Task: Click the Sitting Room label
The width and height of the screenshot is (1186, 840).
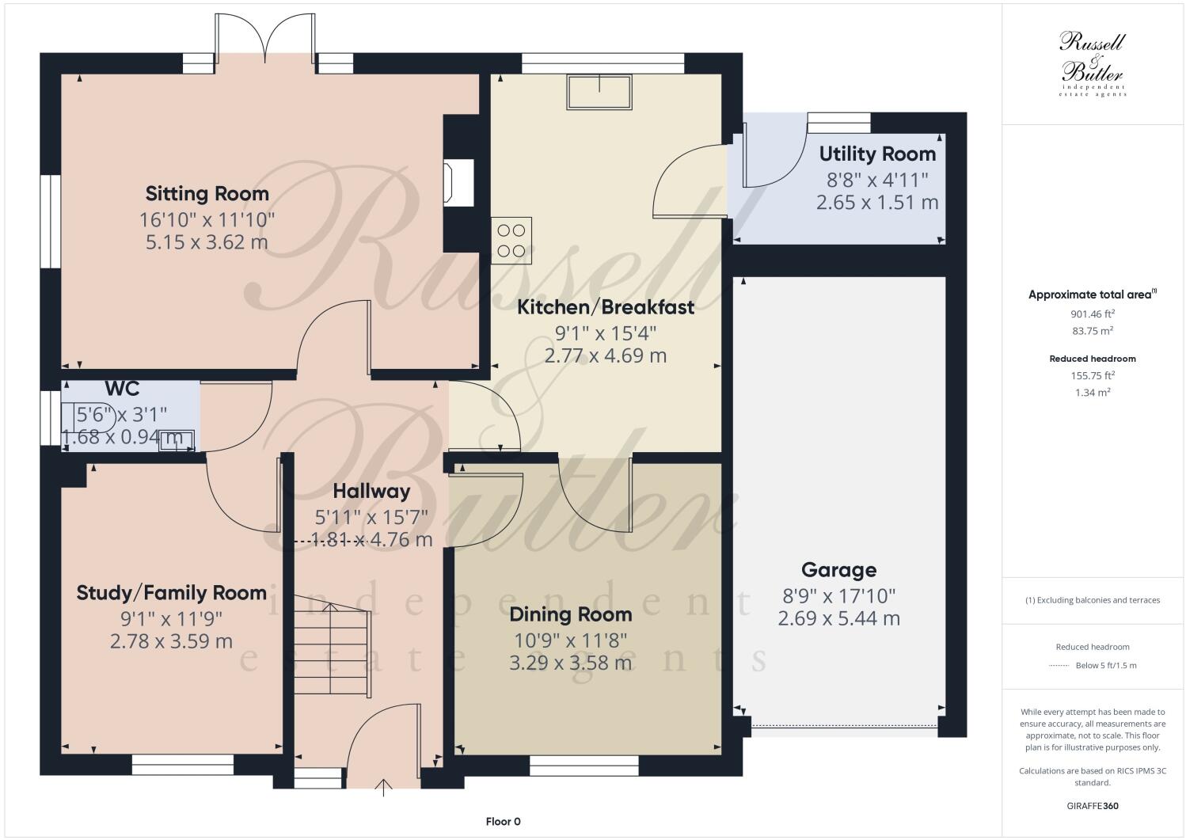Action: (207, 193)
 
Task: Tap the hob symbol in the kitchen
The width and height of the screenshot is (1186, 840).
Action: (511, 241)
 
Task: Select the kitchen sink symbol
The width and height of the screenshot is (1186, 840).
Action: (599, 92)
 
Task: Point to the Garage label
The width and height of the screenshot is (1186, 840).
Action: (838, 570)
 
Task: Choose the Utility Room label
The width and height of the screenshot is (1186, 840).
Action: (877, 154)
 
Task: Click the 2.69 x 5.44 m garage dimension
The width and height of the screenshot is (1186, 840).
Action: (838, 618)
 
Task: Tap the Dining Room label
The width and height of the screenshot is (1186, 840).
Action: (570, 614)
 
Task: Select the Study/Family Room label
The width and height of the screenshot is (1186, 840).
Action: (171, 593)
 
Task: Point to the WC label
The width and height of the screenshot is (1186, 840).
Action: (122, 389)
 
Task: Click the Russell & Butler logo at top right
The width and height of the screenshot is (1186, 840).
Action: (1093, 64)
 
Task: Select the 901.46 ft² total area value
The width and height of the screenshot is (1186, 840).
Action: (1093, 314)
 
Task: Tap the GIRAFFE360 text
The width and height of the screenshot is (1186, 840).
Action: (1093, 807)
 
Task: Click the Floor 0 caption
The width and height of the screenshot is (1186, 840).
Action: (503, 822)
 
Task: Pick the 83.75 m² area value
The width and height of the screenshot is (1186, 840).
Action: (1093, 331)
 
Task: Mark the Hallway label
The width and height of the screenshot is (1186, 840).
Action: (371, 491)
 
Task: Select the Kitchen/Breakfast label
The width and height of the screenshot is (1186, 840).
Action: (606, 307)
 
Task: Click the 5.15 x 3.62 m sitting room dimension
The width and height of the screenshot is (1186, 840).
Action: (207, 242)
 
